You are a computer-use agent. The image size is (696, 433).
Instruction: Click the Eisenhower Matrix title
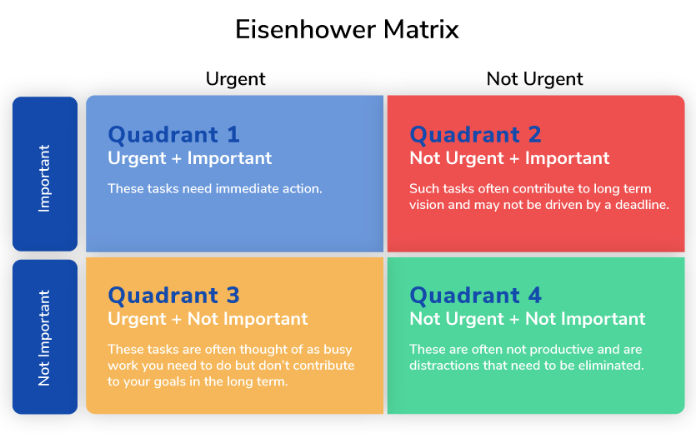347,30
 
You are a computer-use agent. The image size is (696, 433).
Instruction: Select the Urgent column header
235,79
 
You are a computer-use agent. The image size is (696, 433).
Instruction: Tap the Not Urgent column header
534,79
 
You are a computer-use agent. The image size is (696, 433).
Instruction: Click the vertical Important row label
44,178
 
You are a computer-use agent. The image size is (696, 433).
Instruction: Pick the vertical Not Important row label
44,338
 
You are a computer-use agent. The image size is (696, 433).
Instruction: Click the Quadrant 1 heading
173,134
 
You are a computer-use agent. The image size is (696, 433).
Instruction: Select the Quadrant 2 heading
475,134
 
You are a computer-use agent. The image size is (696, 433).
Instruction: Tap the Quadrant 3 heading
173,296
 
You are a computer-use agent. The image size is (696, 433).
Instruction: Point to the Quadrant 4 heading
475,296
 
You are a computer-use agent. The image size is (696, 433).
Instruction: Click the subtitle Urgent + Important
189,158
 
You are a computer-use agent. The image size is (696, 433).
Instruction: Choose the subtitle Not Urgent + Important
509,158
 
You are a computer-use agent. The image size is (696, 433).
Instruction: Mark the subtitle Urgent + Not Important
208,319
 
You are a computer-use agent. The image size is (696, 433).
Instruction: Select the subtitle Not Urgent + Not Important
528,319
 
